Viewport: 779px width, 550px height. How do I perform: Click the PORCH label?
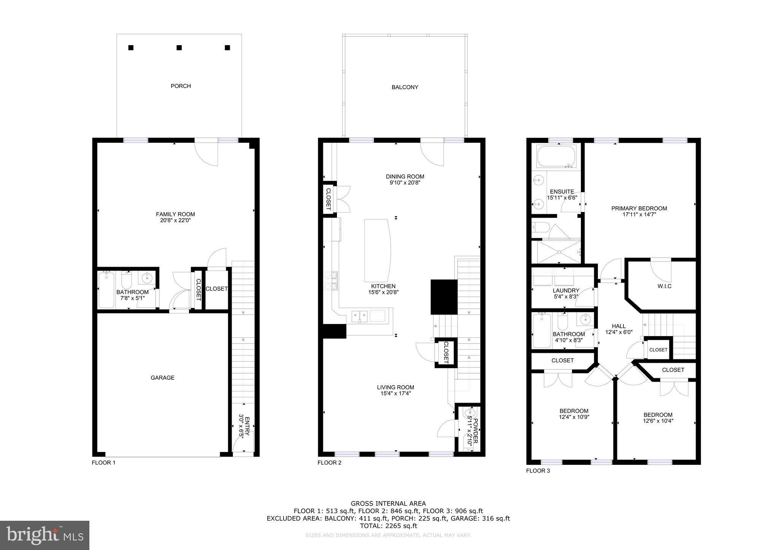(x=181, y=86)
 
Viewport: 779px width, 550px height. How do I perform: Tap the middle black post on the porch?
(x=179, y=47)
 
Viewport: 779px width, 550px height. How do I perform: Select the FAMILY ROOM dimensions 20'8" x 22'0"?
(x=175, y=220)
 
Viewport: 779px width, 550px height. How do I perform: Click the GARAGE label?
(x=162, y=378)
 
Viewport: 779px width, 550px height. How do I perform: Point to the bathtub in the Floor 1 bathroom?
(x=106, y=290)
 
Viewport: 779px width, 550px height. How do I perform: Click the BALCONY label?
(x=405, y=87)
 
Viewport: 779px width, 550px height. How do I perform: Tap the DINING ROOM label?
(x=405, y=177)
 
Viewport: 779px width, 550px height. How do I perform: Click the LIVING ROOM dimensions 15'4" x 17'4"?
(x=396, y=394)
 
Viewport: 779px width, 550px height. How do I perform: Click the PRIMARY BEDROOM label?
(x=639, y=208)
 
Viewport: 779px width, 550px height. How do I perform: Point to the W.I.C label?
(x=664, y=286)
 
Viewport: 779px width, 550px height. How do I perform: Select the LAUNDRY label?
(x=566, y=291)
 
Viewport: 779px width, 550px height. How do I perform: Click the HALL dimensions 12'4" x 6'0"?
(x=618, y=332)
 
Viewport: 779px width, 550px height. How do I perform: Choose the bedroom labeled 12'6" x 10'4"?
(x=658, y=418)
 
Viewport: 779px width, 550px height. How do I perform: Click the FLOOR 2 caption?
(x=329, y=463)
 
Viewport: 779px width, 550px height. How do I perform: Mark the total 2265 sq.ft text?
(x=388, y=526)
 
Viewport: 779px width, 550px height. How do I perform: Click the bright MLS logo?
(x=45, y=535)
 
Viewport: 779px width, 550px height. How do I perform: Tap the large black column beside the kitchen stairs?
(x=444, y=297)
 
